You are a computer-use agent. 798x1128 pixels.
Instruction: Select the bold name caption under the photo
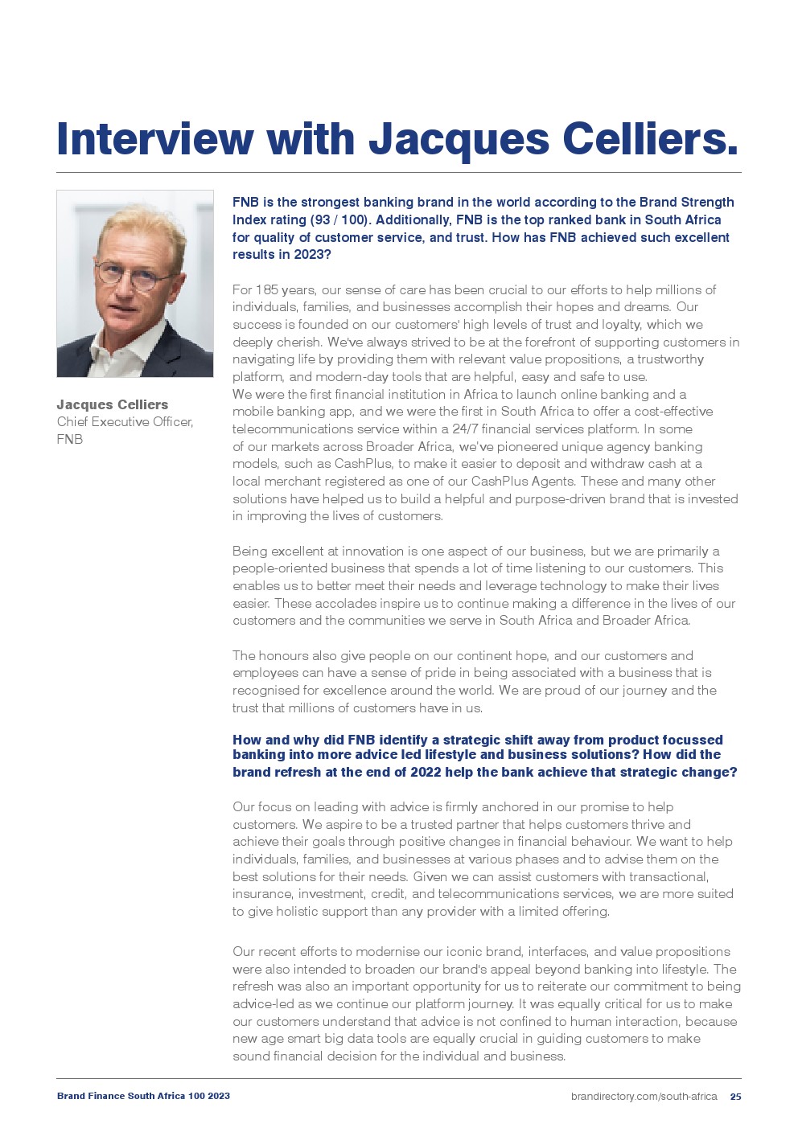tap(113, 404)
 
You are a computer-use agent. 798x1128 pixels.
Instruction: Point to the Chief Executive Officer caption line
tap(125, 421)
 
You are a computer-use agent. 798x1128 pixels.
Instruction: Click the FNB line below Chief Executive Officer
tap(70, 439)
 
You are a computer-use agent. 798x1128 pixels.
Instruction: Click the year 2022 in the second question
tap(426, 772)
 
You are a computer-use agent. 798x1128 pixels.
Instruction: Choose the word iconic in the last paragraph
tap(463, 951)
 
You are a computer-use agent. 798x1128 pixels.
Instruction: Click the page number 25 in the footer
tap(735, 1096)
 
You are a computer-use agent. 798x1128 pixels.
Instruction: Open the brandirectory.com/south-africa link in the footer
tap(644, 1096)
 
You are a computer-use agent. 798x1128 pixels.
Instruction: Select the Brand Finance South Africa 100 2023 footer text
tap(143, 1096)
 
